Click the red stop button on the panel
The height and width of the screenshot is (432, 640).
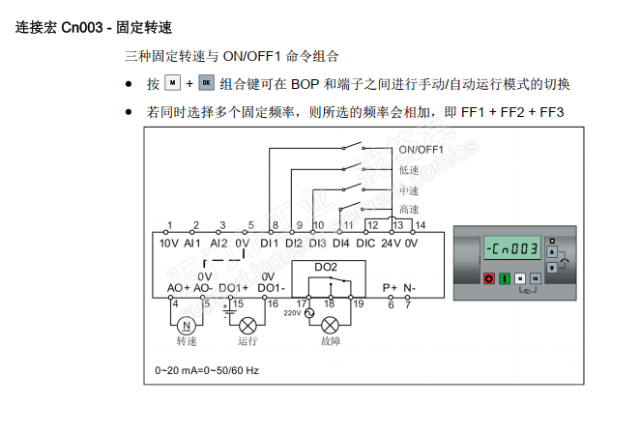pos(488,278)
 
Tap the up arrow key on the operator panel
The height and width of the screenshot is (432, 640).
pos(551,250)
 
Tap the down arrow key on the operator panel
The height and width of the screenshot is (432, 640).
pos(551,267)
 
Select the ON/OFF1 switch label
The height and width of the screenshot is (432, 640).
pos(421,149)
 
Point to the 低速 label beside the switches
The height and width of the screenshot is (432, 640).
pos(409,170)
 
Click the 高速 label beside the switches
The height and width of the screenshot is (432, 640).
pos(409,210)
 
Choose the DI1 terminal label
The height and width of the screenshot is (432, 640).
pos(269,243)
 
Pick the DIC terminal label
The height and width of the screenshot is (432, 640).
pos(365,243)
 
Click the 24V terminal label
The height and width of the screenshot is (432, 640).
pos(391,243)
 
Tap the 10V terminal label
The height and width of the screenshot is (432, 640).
pos(168,243)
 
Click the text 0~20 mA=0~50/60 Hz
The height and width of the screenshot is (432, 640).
pos(206,370)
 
